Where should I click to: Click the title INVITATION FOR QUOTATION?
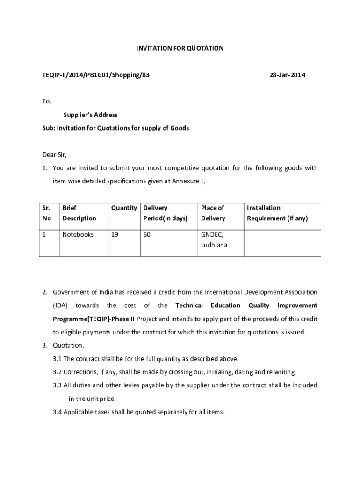(180, 48)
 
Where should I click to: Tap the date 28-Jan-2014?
(288, 75)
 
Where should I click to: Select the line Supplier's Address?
(90, 115)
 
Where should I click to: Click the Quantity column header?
(123, 208)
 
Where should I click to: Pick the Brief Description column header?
(79, 213)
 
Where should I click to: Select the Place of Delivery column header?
(213, 213)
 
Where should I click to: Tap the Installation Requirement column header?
(277, 213)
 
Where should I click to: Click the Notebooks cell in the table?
(78, 234)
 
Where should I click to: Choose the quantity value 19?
(114, 234)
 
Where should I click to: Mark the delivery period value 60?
(147, 234)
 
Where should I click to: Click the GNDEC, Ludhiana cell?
(214, 239)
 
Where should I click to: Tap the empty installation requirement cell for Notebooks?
(282, 243)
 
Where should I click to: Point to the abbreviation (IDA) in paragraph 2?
(60, 305)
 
